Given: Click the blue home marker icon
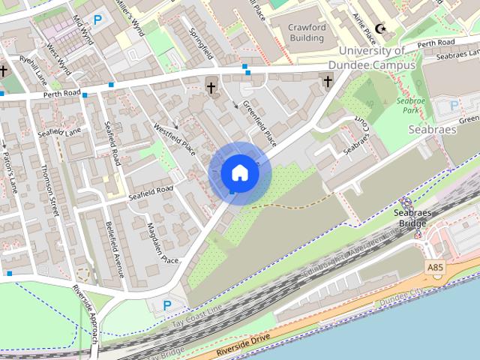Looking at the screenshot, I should (239, 173).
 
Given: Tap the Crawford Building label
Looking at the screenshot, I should (307, 33).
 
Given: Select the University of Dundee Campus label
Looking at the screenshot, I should (376, 58).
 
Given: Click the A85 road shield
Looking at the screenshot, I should (434, 266).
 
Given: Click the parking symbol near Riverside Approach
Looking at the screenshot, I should (167, 305).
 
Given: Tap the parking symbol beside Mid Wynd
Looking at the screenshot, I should (97, 20).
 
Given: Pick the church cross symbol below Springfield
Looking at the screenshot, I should (211, 88).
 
